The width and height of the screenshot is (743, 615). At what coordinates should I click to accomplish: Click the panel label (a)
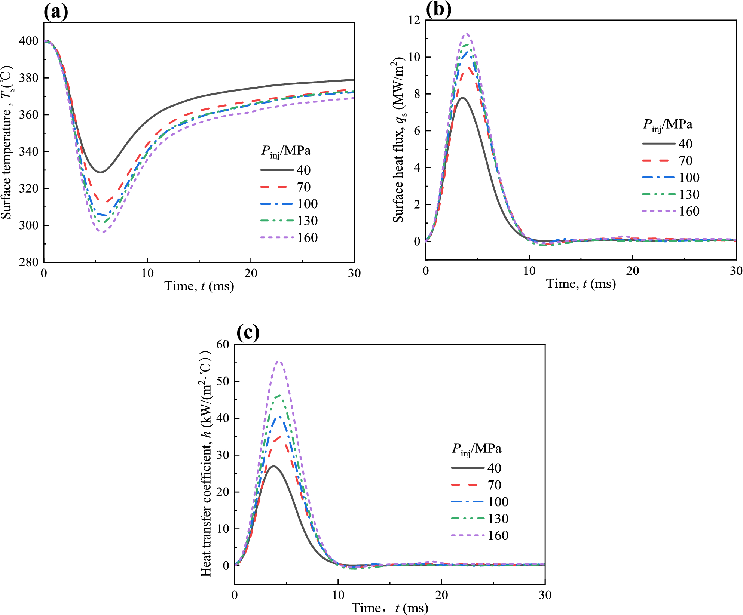56,12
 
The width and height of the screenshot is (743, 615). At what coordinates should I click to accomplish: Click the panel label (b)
438,9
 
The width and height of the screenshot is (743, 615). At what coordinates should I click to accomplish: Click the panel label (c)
248,332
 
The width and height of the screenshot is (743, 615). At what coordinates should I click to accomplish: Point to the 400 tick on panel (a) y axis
29,41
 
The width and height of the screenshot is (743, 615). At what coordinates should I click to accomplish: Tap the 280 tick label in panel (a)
29,262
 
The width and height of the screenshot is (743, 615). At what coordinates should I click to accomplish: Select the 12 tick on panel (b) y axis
414,20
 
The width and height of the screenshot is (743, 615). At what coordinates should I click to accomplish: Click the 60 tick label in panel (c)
223,344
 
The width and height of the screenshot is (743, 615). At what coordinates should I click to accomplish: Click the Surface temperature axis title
7,142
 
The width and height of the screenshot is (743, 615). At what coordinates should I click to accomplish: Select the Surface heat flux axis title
399,140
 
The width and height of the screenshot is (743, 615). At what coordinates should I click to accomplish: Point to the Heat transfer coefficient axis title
206,464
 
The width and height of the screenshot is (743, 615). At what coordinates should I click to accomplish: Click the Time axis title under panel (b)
581,284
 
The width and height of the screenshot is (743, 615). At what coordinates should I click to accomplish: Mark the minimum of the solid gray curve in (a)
100,172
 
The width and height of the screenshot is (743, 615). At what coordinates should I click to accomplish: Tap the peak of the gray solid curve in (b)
463,98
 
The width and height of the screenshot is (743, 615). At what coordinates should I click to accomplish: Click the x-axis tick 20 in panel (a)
251,273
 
